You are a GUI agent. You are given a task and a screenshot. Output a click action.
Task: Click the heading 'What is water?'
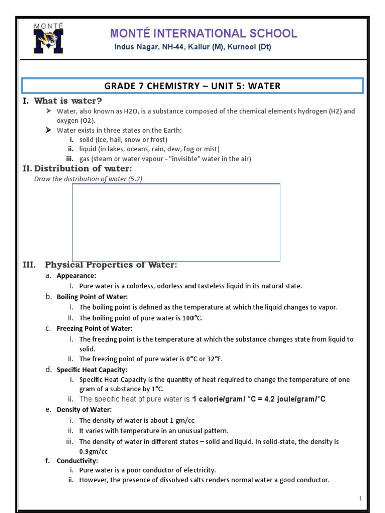tap(68, 101)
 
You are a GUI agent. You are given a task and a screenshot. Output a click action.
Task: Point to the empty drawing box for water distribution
tap(176, 222)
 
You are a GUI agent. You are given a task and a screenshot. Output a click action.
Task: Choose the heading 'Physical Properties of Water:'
tap(111, 265)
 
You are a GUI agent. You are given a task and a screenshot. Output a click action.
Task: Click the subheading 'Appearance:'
tap(76, 276)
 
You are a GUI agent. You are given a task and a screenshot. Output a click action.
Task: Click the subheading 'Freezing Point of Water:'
tap(95, 328)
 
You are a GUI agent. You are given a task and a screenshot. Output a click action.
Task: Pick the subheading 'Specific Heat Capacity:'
tap(92, 370)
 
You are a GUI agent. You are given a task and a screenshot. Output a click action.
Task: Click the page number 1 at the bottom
tap(360, 499)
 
